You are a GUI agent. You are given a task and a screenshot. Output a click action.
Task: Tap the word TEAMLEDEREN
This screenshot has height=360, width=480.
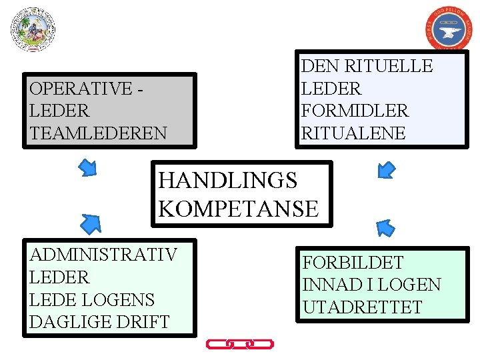pos(98,133)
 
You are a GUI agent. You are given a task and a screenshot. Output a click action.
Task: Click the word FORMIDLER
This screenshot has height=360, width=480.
pos(355,111)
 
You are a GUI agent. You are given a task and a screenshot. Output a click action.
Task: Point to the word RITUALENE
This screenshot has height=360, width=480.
pos(353,133)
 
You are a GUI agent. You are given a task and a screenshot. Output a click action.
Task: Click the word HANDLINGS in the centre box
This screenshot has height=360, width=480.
pos(228,180)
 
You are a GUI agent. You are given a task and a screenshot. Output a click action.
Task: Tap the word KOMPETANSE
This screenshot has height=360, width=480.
pos(239,209)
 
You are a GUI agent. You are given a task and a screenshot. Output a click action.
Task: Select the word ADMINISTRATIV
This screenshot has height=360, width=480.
pos(103,255)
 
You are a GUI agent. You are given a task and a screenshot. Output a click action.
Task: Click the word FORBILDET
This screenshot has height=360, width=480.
pos(353,263)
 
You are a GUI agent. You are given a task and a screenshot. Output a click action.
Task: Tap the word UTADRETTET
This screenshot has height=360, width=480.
pos(362,307)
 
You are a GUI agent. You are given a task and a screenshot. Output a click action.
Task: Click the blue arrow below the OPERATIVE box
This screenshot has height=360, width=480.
pos(88,167)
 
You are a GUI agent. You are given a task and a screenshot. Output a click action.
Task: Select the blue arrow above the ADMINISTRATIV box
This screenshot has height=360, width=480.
pos(91,223)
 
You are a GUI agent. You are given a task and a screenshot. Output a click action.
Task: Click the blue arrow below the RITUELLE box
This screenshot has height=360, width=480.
pos(386,170)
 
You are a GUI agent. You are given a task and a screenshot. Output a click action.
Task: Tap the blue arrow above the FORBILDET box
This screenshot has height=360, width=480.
pos(385,229)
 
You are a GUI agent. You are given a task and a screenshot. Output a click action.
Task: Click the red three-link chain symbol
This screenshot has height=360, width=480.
pos(240,344)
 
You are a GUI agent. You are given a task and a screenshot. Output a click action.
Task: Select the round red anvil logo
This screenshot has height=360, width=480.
pos(448,29)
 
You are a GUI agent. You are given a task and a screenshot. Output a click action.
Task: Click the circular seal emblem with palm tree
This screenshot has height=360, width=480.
pos(33,29)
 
